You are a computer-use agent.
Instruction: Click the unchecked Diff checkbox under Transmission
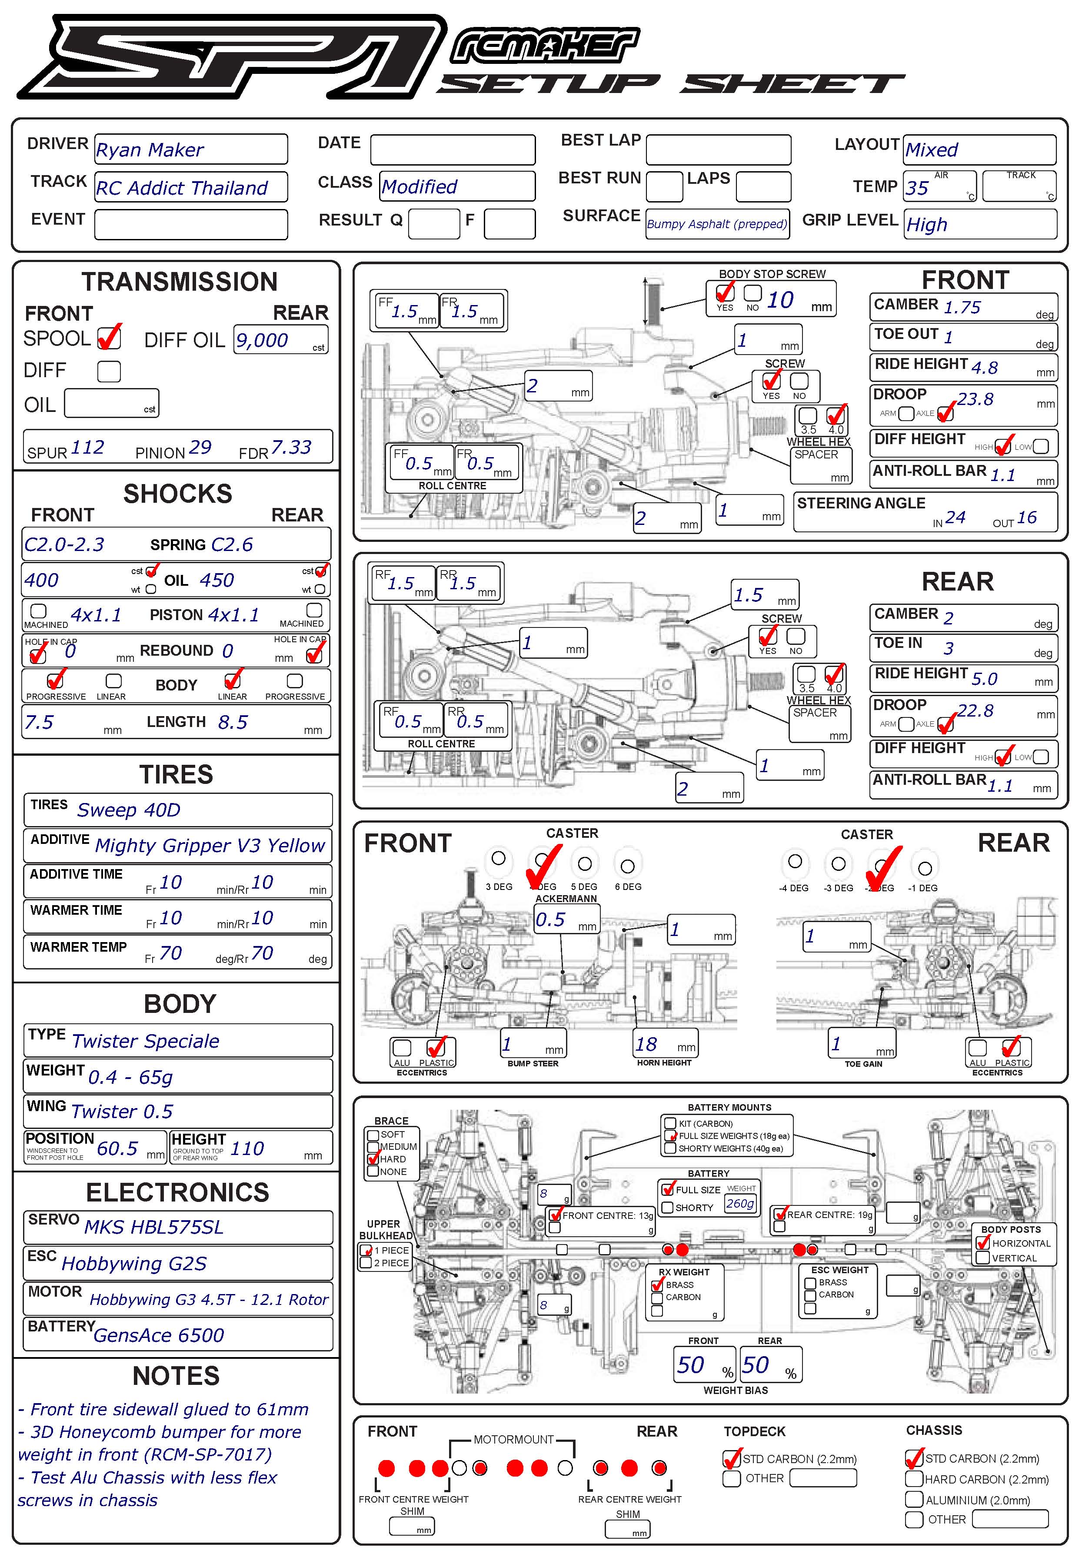[x=109, y=372]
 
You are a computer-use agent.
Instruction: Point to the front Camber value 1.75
[x=961, y=308]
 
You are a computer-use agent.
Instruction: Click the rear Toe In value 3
[x=949, y=648]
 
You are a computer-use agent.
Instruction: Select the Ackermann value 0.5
[x=550, y=919]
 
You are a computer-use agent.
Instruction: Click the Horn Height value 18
[x=646, y=1044]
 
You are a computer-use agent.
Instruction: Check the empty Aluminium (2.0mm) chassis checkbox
[x=913, y=1499]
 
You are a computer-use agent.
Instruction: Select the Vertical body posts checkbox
[x=982, y=1258]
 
